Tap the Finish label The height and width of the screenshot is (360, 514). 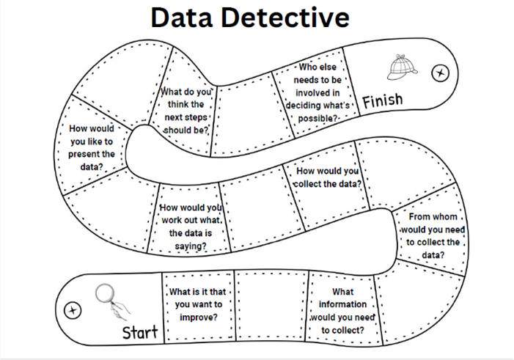tap(382, 100)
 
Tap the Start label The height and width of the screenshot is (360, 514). tap(140, 333)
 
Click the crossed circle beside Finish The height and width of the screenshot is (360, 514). tap(441, 73)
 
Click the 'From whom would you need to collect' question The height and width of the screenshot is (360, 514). tap(431, 235)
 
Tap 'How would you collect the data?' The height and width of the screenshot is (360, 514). tap(328, 177)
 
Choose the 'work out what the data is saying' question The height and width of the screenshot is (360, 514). tap(190, 227)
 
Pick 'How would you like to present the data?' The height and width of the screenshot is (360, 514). tap(92, 147)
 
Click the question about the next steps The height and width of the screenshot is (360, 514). tap(186, 111)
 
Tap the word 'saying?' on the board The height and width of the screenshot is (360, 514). tap(190, 246)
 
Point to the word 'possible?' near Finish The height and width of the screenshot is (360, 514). tap(317, 118)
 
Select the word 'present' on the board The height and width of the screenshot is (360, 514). tap(92, 154)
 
